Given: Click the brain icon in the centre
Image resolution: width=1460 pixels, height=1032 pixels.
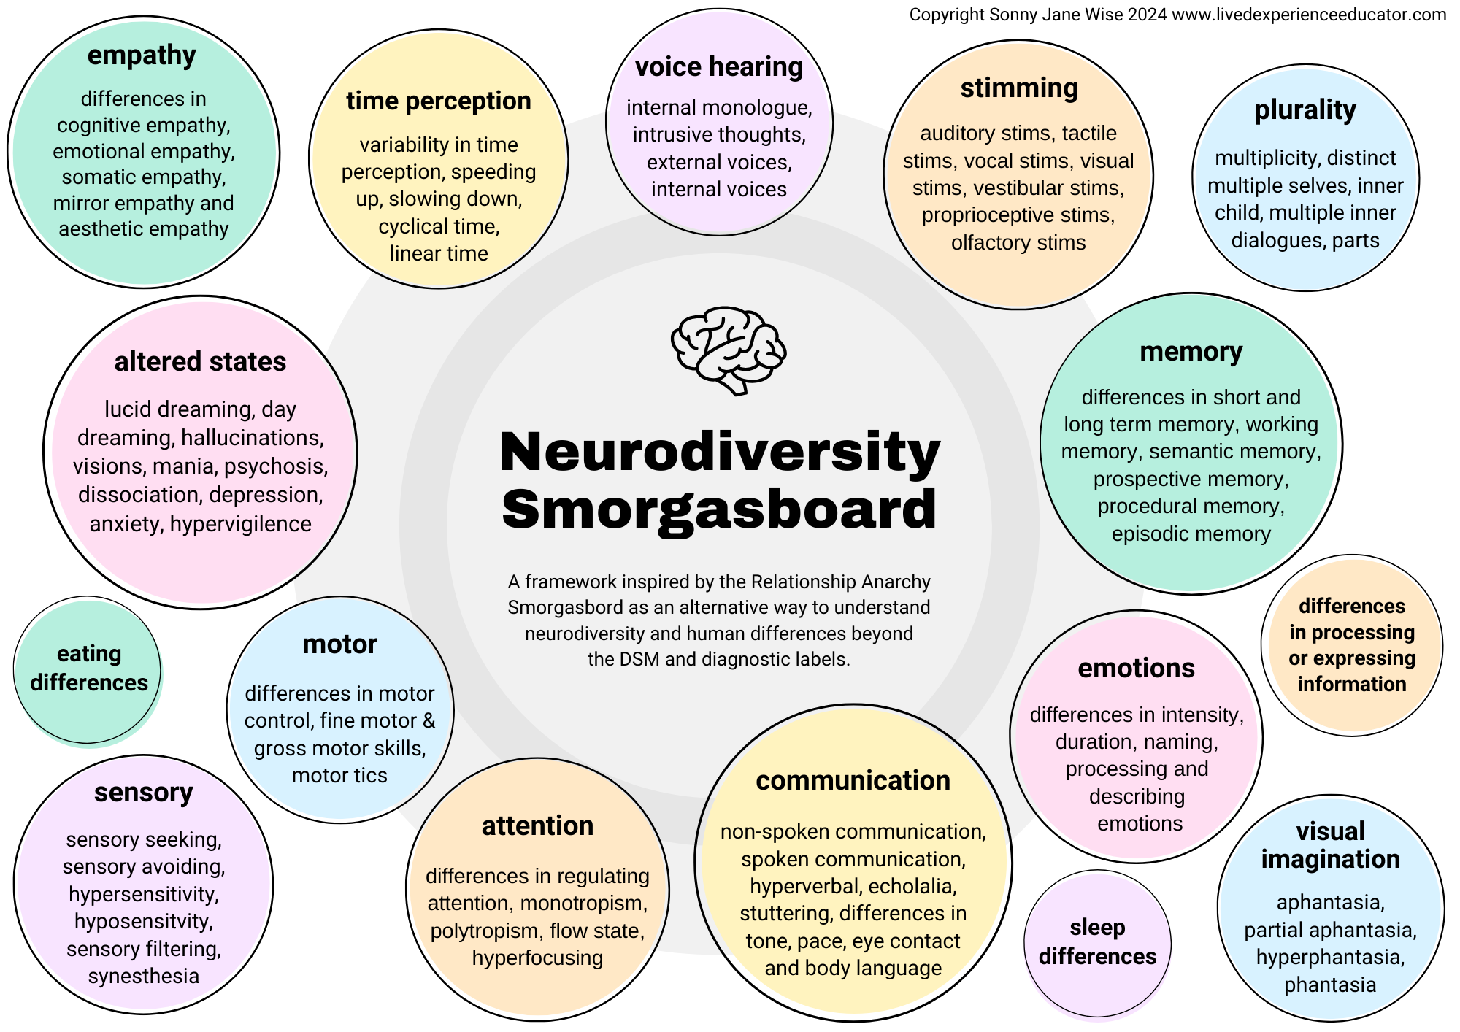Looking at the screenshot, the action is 728,350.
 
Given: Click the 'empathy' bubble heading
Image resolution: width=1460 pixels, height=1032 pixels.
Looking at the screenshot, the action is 142,55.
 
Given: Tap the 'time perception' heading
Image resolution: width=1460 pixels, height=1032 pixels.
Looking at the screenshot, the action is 438,101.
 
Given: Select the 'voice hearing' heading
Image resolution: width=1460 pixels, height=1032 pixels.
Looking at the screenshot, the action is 718,66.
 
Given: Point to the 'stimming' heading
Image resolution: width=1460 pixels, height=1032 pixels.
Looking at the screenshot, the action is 1019,88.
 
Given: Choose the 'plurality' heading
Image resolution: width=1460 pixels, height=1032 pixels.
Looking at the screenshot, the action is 1305,109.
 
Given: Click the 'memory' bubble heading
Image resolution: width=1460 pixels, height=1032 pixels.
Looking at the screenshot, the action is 1191,351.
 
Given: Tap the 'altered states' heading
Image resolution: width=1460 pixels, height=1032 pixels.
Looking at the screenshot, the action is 200,361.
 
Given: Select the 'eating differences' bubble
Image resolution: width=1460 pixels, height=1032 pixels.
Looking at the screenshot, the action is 88,669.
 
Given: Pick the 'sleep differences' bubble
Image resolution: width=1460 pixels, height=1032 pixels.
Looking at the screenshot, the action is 1097,941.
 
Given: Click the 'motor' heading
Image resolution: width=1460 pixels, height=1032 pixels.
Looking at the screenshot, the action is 339,644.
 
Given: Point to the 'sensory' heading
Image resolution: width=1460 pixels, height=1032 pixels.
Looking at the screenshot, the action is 143,792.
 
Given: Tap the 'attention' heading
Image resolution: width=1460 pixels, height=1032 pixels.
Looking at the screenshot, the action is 537,825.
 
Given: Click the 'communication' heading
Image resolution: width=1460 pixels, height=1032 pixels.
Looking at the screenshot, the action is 853,780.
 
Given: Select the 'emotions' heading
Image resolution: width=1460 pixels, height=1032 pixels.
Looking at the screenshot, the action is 1136,668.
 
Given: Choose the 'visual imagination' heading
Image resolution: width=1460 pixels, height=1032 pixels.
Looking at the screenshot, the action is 1330,845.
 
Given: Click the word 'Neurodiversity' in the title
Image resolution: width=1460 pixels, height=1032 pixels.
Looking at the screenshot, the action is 719,453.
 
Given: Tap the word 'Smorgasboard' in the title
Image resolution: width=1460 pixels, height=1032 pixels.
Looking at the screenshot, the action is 719,509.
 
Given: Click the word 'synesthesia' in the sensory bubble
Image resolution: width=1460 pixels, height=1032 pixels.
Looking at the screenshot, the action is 143,976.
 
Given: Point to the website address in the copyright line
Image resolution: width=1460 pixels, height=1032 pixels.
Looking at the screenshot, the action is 1309,15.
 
